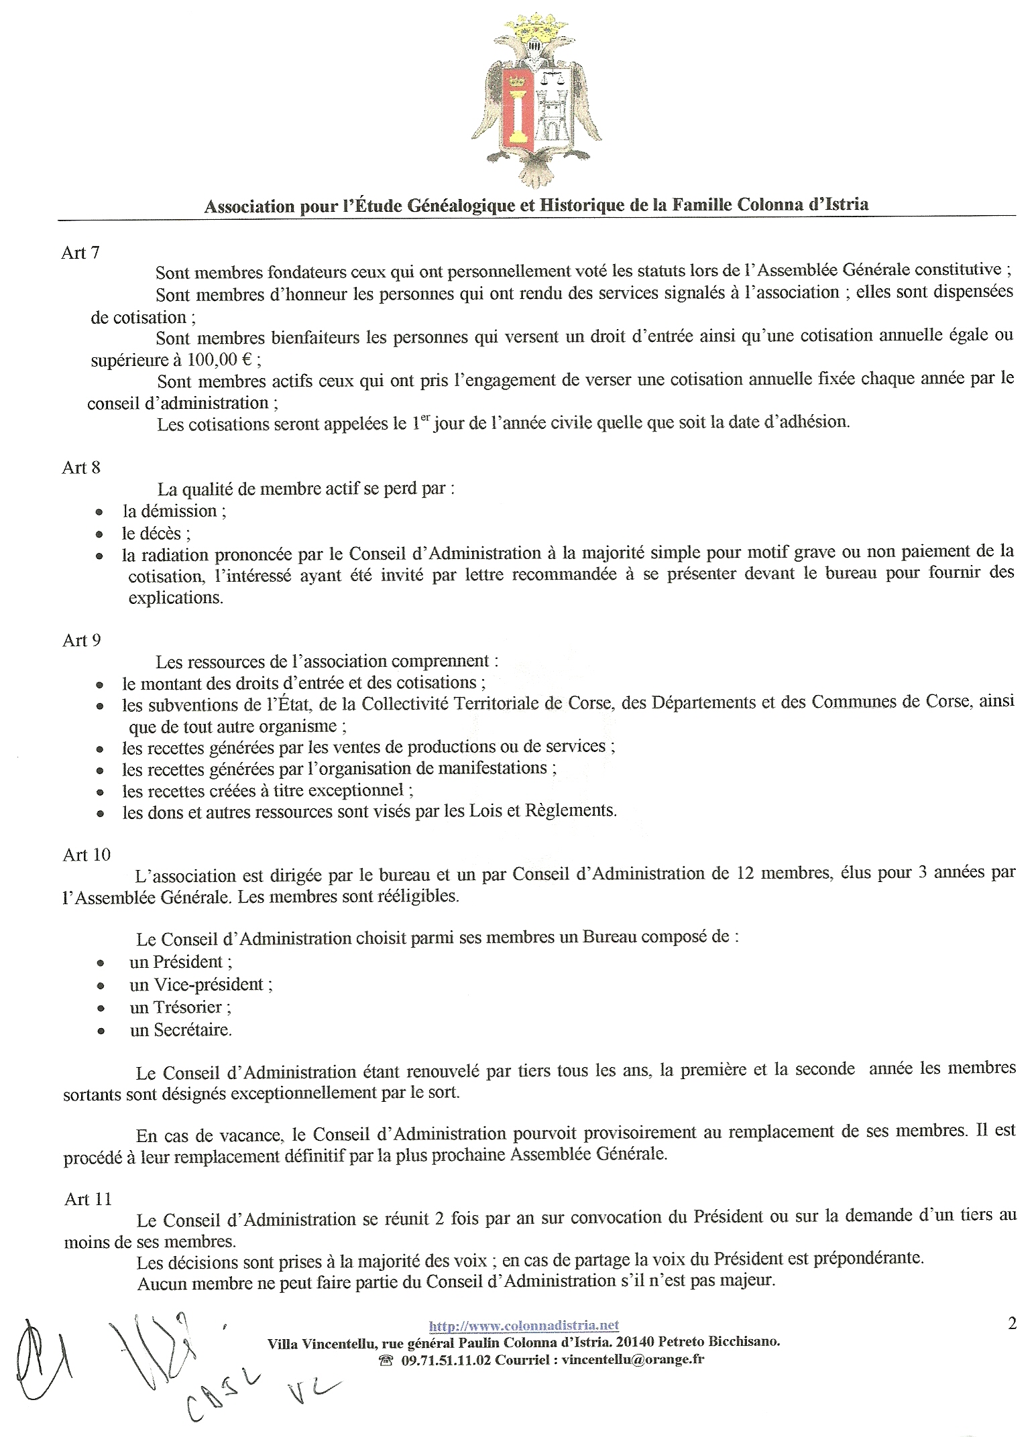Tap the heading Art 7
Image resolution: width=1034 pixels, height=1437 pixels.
tap(80, 253)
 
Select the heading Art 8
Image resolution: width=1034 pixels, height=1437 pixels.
tap(81, 467)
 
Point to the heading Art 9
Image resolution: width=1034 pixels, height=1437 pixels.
tap(82, 640)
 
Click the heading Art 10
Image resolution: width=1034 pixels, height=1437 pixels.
tap(87, 855)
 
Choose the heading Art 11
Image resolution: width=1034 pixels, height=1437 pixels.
tap(88, 1199)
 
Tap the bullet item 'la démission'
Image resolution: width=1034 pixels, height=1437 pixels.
tap(174, 511)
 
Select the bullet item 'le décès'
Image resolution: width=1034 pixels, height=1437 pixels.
tap(156, 534)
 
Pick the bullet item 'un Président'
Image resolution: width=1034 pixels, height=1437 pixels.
tap(180, 962)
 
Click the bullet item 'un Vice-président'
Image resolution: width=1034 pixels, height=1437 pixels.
tap(200, 985)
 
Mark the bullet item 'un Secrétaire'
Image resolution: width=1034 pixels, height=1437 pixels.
tap(180, 1030)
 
